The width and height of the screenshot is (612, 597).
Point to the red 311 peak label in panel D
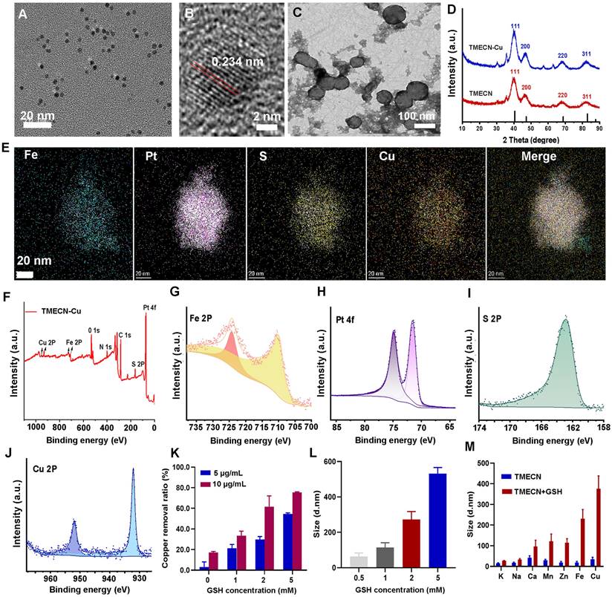pyautogui.click(x=587, y=97)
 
